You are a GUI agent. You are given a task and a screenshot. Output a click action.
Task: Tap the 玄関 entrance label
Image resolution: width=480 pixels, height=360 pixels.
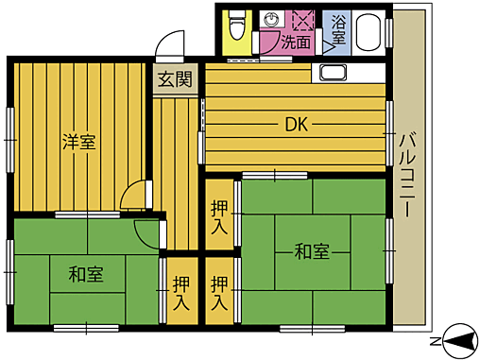tap(176, 78)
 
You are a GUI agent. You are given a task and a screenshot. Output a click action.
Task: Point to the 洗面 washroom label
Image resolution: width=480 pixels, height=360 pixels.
tap(296, 42)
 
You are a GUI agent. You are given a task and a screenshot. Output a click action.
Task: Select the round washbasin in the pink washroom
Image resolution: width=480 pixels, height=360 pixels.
tap(272, 19)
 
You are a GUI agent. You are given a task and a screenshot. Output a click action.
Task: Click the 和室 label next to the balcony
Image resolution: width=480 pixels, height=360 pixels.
tap(311, 251)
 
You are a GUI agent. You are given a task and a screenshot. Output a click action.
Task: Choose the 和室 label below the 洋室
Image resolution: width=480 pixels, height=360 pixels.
tap(85, 275)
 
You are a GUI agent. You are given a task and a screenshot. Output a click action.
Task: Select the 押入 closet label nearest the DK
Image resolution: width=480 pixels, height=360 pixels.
tap(219, 219)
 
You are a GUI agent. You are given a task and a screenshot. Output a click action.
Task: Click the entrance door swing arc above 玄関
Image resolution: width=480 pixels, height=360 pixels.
tap(170, 44)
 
